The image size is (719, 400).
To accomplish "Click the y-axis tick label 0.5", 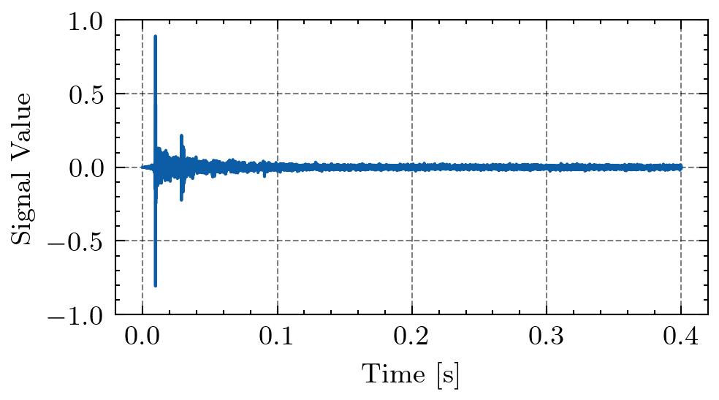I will click(87, 94).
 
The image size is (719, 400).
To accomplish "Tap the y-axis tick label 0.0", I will click(87, 167).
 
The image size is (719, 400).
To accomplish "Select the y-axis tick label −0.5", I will click(78, 241).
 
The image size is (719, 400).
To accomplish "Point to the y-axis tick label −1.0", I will click(78, 314).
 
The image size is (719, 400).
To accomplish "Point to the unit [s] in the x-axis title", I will click(449, 376).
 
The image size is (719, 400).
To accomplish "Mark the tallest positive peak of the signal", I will click(156, 36).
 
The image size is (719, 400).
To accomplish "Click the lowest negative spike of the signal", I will click(156, 285).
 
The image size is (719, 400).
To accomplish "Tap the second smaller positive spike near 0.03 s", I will click(181, 135).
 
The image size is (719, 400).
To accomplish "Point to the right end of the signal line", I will click(681, 167).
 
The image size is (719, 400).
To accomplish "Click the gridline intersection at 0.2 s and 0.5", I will click(411, 94).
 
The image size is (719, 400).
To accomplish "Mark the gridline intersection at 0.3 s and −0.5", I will click(546, 241).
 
